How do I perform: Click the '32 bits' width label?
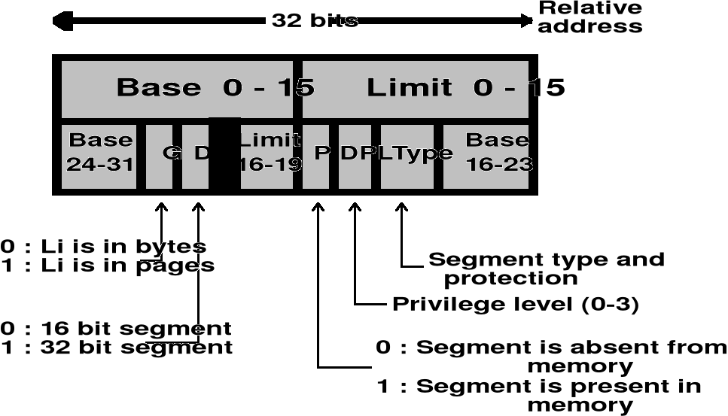(315, 20)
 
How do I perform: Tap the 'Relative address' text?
(590, 17)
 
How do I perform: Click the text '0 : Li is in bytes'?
(103, 247)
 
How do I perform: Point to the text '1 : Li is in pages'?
(107, 265)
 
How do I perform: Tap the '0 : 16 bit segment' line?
(116, 329)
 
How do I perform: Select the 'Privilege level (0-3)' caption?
(515, 305)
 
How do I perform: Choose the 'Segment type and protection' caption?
(546, 269)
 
